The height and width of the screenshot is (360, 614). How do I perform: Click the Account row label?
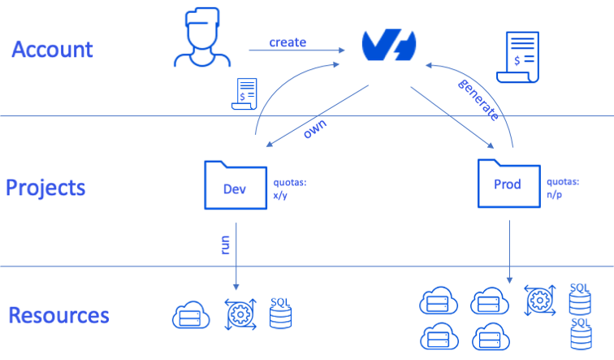[52, 49]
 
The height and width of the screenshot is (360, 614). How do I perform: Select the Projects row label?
[45, 188]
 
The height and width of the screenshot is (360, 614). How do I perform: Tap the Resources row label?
[59, 315]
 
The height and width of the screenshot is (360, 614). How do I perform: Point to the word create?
[288, 41]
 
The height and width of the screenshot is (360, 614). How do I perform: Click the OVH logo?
[389, 45]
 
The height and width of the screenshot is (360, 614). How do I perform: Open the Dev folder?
[235, 185]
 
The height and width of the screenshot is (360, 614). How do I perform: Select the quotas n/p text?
[562, 189]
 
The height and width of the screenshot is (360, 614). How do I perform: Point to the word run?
[226, 243]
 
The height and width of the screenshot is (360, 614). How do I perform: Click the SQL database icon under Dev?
[280, 314]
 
